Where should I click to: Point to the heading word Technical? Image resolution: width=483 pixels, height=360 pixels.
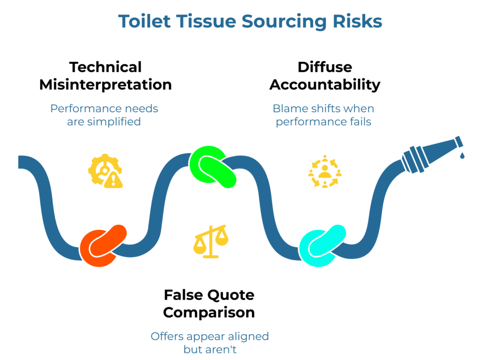(105, 67)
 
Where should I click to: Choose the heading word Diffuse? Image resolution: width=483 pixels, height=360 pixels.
(325, 67)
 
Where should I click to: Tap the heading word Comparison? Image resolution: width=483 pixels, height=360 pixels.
(209, 312)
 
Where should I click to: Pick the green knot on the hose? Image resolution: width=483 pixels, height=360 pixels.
(213, 167)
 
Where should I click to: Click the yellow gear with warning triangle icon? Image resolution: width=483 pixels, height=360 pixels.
(105, 171)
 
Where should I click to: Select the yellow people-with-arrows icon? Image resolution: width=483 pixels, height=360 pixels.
(325, 172)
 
